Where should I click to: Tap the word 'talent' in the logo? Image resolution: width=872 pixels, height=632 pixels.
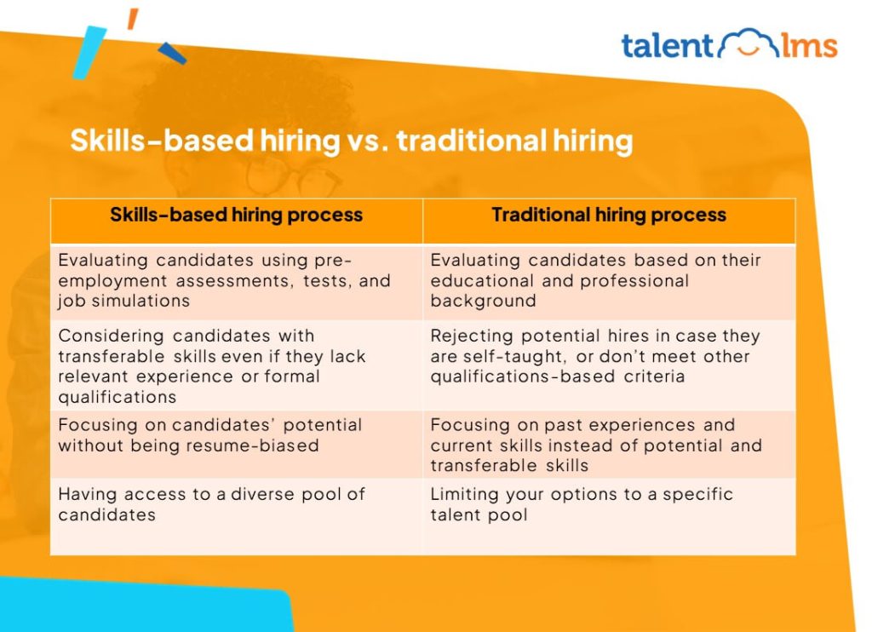666,45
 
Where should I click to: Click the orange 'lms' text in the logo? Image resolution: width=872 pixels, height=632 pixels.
810,45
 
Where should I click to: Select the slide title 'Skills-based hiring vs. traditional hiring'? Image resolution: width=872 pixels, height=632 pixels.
351,141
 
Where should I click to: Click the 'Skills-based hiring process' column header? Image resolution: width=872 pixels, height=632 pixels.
236,215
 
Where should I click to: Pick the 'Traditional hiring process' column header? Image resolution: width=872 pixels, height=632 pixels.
609,215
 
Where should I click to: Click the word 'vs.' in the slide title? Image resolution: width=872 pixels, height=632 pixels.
367,141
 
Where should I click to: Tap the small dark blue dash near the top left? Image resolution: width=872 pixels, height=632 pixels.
172,53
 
